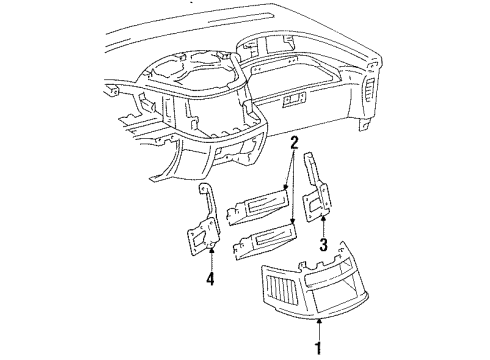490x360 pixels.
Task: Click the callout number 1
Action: (319, 348)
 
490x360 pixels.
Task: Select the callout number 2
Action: (294, 143)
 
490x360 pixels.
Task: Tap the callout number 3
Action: (323, 245)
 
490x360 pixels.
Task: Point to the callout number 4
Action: (210, 279)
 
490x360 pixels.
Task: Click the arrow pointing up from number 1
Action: (319, 329)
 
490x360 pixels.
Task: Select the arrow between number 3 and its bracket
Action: (323, 226)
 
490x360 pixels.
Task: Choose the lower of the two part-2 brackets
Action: (265, 242)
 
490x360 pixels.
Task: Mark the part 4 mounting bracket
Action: (203, 223)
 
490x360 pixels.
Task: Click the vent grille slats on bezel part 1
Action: (283, 290)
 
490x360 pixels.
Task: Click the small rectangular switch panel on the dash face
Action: (294, 100)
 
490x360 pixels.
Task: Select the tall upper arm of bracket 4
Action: (207, 202)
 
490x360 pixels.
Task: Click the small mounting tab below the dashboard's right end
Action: (364, 124)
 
